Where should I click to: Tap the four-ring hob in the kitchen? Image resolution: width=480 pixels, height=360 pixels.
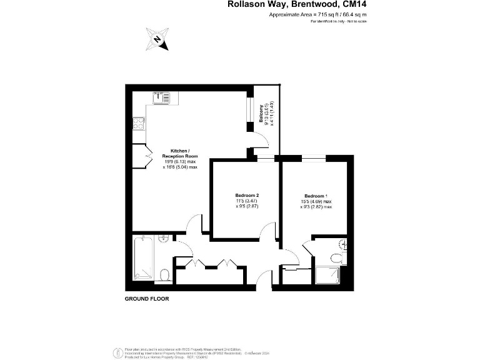pos(138,124)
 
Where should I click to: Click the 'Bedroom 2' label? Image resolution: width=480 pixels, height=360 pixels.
pos(247,196)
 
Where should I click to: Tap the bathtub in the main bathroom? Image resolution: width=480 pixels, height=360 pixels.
pos(143,256)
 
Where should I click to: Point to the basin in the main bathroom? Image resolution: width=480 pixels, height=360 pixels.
pos(164,239)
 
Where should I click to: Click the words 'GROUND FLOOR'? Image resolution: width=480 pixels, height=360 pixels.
pos(147,299)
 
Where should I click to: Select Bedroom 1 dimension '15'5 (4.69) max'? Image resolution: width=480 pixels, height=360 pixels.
pos(316,201)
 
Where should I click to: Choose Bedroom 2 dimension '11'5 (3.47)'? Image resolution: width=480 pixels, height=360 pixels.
pos(247,201)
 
